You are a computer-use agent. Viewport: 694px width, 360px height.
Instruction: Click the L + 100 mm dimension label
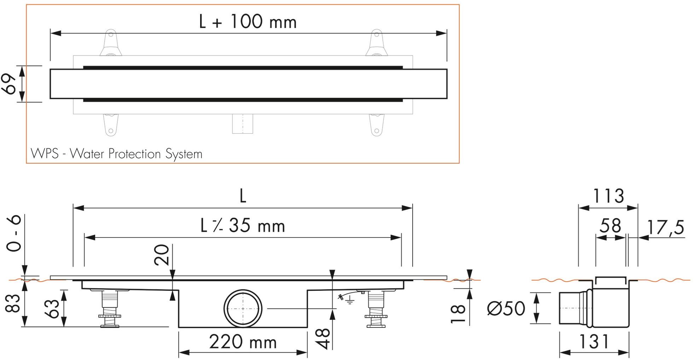point(247,22)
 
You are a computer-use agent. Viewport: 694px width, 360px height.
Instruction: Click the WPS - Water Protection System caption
point(117,154)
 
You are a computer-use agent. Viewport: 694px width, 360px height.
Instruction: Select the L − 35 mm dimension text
point(243,226)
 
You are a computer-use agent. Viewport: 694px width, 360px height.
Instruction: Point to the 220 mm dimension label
point(243,342)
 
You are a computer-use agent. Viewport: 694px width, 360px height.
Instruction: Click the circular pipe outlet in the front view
point(243,309)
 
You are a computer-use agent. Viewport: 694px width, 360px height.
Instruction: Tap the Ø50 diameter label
point(506,308)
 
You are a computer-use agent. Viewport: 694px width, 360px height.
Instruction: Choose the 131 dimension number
point(594,342)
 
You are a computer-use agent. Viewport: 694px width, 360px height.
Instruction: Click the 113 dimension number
point(608,196)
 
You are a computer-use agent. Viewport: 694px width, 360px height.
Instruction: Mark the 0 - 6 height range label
point(14,234)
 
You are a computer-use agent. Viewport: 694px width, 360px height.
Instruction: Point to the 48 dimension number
point(322,338)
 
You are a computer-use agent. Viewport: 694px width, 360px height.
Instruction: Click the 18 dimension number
point(458,314)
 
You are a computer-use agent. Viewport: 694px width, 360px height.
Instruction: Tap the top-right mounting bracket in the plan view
point(377,44)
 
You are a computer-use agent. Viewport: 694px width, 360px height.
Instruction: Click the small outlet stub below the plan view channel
point(243,124)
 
